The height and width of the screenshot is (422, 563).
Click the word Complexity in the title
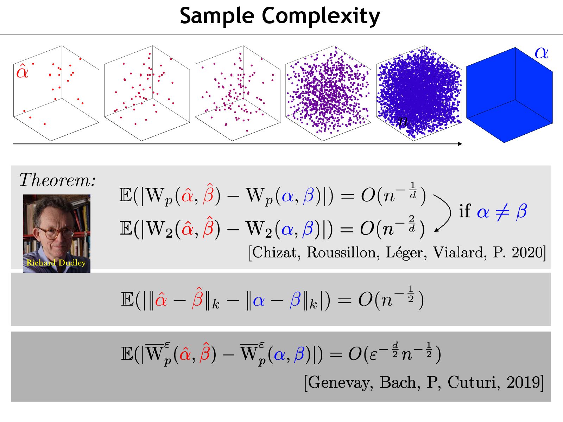pos(321,16)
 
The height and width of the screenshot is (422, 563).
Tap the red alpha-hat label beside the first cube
pos(22,71)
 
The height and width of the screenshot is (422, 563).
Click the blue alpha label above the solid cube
pos(541,53)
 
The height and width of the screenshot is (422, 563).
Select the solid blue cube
pos(509,95)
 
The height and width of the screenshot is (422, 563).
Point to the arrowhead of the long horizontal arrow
pos(460,143)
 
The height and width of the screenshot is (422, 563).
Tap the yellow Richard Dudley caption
pos(56,263)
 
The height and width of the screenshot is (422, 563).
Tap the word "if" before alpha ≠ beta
pos(464,211)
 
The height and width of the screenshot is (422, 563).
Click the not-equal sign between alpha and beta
pos(502,212)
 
